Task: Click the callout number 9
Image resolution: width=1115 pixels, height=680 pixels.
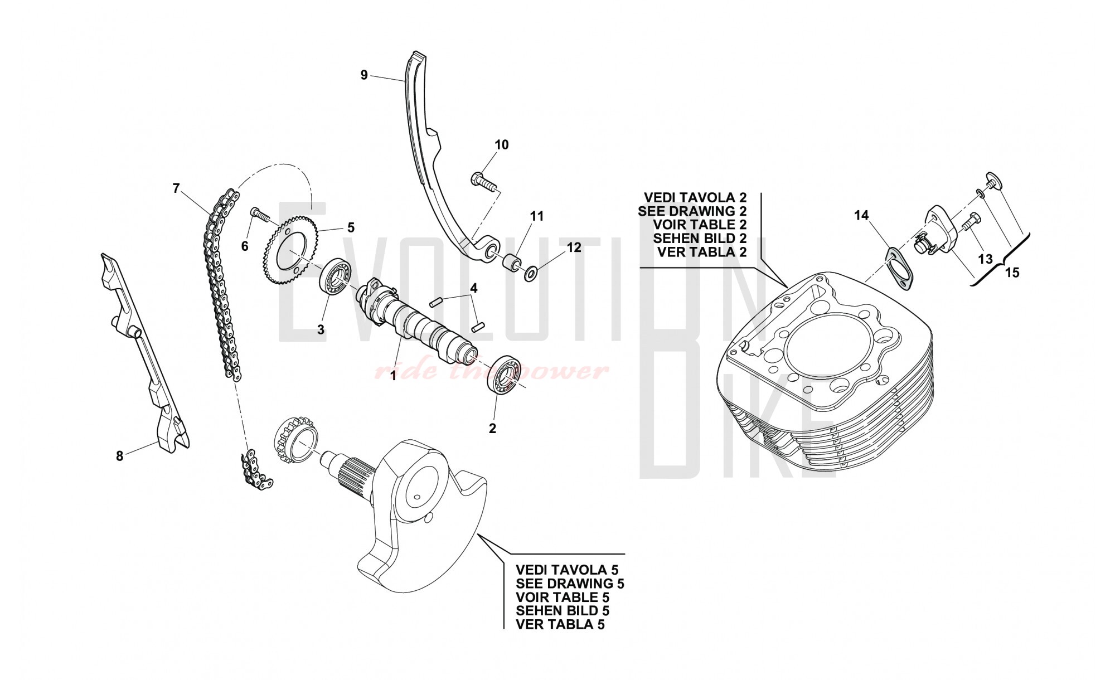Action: click(364, 75)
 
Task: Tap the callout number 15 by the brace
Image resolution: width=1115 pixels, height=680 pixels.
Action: click(1012, 273)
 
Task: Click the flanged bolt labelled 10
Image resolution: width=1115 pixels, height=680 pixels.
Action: click(483, 181)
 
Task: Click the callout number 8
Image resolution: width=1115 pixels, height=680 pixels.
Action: click(119, 456)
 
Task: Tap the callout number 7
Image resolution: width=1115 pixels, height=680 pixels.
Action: click(176, 188)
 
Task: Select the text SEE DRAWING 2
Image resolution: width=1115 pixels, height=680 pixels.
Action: click(692, 211)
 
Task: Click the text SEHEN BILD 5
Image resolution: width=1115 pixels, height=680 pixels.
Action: click(563, 611)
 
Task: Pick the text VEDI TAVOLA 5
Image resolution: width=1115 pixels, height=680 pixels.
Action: click(567, 570)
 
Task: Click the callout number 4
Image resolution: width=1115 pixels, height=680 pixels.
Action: click(473, 288)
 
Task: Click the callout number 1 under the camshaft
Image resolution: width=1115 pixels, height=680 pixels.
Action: click(393, 376)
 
